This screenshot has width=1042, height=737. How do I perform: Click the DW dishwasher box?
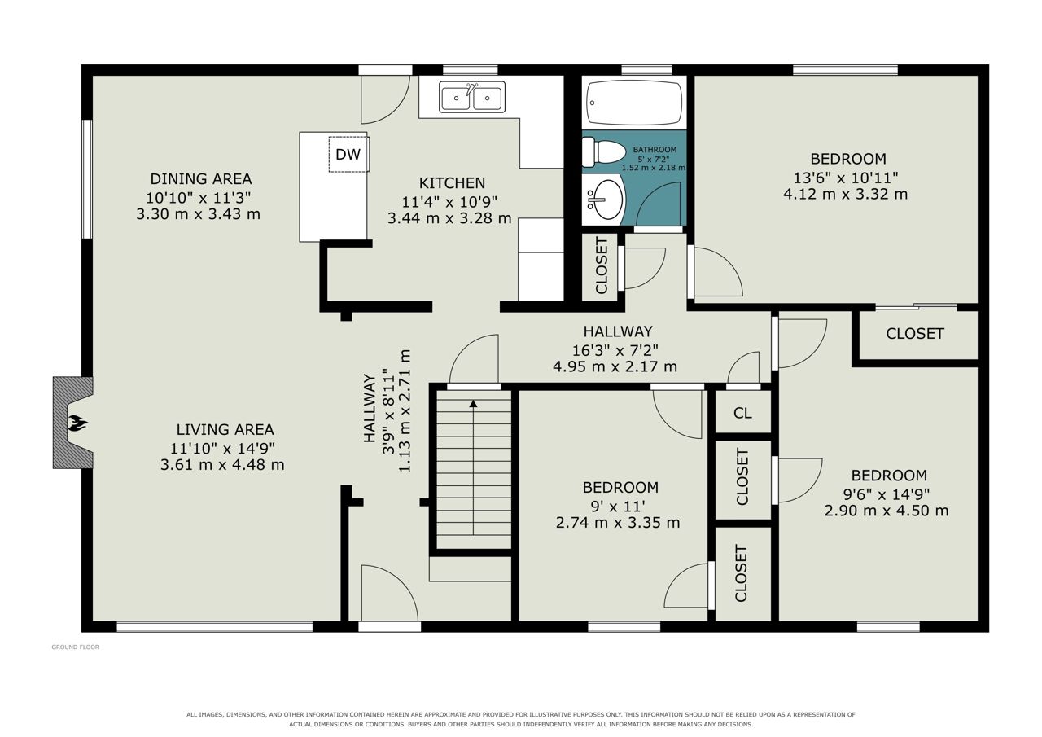349,154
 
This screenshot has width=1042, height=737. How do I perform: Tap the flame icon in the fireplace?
77,423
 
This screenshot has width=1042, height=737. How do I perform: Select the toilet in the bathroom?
603,151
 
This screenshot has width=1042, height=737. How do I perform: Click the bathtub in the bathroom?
634,103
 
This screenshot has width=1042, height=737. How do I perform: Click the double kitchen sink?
471,97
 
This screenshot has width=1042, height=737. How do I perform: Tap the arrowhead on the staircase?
473,403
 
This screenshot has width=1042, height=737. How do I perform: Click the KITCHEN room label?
452,183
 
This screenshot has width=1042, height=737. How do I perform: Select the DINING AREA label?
201,178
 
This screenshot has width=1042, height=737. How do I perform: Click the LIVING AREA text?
225,429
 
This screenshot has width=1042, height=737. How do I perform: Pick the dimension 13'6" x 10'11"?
845,178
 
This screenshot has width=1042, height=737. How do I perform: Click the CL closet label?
742,413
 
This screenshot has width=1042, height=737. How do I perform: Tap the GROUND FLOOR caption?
76,647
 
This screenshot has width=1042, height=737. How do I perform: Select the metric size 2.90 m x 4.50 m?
887,511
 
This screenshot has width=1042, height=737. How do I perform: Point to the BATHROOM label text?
655,150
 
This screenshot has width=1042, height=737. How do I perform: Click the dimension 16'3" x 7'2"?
615,350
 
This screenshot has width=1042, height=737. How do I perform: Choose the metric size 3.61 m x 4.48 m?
222,464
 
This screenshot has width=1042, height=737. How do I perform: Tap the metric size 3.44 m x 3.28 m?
449,217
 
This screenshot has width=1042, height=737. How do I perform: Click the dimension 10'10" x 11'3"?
198,198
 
